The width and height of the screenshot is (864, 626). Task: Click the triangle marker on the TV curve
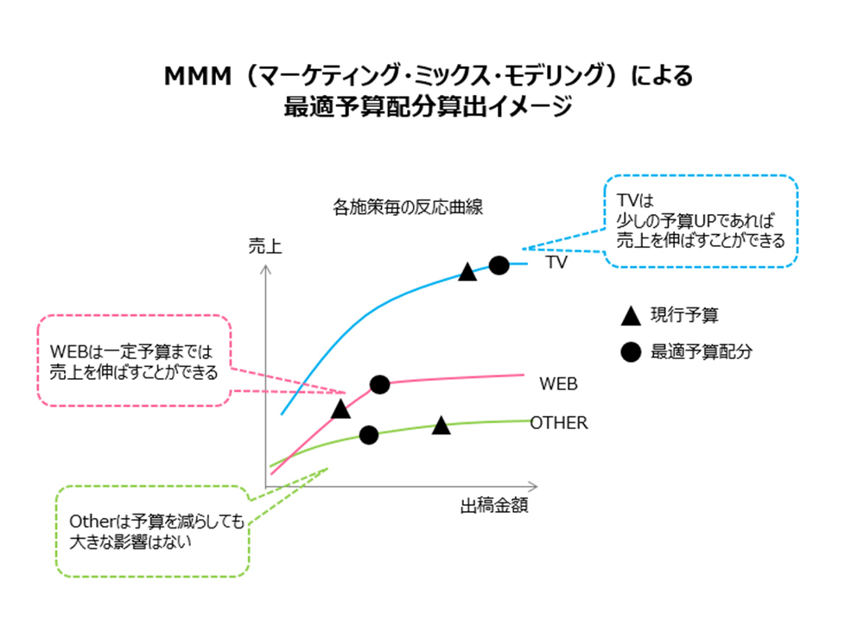click(x=467, y=272)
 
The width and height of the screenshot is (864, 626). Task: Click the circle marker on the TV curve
click(x=499, y=265)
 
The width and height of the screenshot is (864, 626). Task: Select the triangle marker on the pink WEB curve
click(x=340, y=408)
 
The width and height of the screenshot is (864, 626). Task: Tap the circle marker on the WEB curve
click(x=378, y=384)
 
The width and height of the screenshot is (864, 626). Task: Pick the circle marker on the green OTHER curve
click(x=369, y=435)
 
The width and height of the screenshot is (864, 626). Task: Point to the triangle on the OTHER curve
click(x=442, y=425)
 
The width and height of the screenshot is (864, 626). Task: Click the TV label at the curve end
click(x=556, y=262)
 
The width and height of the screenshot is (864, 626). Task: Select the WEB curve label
click(x=558, y=382)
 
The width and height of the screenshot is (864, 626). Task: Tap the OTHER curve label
click(x=559, y=423)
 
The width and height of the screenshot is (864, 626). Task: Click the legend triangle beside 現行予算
click(x=631, y=316)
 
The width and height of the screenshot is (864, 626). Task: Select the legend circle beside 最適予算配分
click(x=631, y=352)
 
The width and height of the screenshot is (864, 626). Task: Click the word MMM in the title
click(x=198, y=78)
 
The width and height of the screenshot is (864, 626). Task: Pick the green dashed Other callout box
click(x=151, y=530)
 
